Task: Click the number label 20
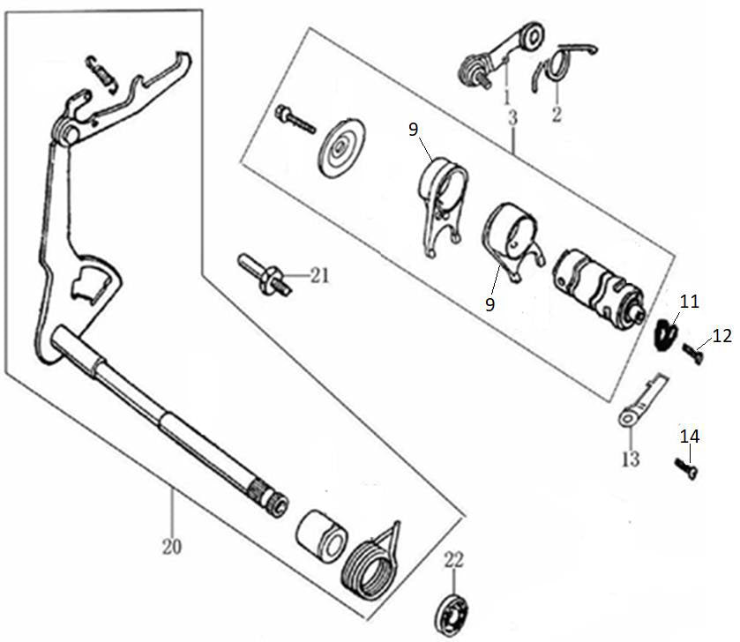[x=172, y=547]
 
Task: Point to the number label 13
[x=630, y=459]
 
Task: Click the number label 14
[x=690, y=436]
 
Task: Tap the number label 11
[x=689, y=302]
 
